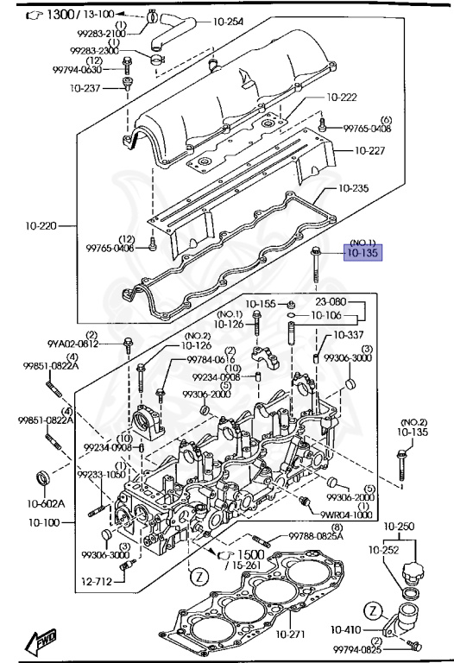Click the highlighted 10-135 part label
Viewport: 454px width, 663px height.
coord(363,254)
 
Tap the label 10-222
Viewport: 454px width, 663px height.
coord(342,98)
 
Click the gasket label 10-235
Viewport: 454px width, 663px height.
coord(354,187)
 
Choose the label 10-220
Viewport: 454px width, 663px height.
coord(41,226)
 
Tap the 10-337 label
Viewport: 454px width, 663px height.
coord(349,334)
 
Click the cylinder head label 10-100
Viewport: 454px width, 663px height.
coord(45,522)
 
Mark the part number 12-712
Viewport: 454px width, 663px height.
coord(98,583)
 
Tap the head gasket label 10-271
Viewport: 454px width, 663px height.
coord(292,635)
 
